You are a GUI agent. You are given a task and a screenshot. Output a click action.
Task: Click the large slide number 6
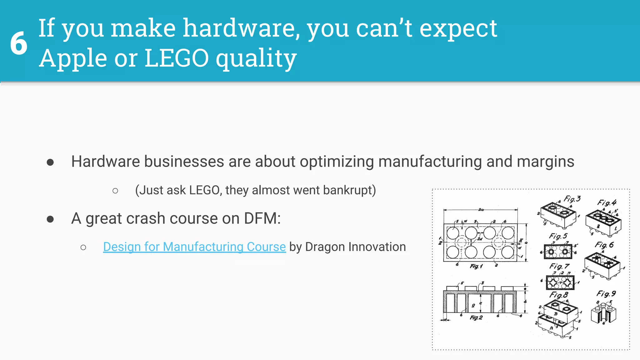click(19, 43)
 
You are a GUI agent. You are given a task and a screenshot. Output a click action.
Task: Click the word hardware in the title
click(239, 28)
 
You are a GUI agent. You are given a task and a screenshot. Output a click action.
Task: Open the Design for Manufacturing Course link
click(194, 247)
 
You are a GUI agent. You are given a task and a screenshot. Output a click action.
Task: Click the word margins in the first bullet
click(545, 162)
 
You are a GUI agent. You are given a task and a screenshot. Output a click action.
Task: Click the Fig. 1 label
click(476, 266)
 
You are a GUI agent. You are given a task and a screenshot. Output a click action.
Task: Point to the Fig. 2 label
click(476, 317)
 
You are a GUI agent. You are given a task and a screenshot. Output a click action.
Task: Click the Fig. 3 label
click(572, 199)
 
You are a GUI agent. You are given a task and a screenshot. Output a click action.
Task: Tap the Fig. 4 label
click(607, 202)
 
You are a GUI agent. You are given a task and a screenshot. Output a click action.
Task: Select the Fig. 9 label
click(606, 294)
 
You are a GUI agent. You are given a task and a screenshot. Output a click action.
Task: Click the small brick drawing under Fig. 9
click(603, 313)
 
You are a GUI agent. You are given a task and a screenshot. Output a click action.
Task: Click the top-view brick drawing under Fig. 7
click(560, 282)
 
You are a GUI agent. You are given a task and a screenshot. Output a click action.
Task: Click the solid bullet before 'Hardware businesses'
click(50, 162)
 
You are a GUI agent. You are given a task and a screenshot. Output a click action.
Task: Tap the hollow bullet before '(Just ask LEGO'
click(115, 191)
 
